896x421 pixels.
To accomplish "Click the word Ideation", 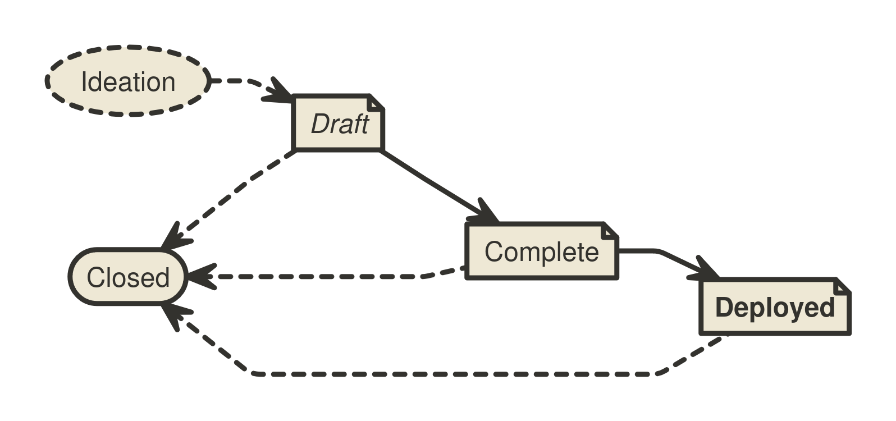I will [128, 83].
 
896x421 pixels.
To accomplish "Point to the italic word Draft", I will [340, 123].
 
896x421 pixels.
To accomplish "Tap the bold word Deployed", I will [775, 308].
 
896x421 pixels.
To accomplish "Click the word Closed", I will [128, 278].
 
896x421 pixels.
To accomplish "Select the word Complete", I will [542, 251].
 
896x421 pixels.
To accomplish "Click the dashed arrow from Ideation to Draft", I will [247, 83].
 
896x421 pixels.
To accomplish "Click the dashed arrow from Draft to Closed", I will [236, 194].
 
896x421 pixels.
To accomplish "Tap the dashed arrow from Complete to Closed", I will [326, 277].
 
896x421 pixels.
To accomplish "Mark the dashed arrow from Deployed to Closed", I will [449, 373].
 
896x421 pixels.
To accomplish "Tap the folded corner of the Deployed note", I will [842, 287].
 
